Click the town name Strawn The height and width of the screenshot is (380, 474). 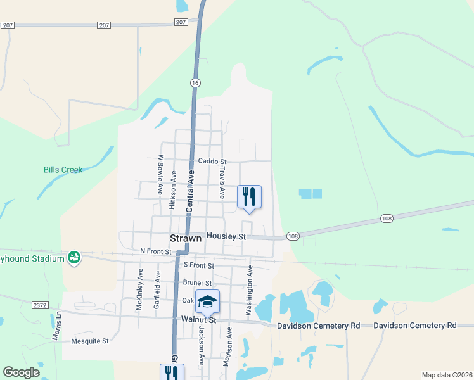click(186, 238)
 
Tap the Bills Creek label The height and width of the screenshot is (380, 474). click(63, 170)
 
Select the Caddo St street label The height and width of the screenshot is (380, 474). click(212, 161)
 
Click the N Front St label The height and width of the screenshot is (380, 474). click(156, 251)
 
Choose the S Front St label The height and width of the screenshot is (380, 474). click(199, 266)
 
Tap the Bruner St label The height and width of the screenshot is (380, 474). click(197, 282)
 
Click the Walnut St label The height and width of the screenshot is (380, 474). click(199, 320)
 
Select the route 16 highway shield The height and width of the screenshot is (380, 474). click(195, 82)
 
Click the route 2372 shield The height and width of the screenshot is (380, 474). click(40, 305)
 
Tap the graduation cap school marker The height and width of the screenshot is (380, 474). click(207, 301)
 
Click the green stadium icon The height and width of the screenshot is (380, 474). click(74, 258)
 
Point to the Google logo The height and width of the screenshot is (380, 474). click(21, 372)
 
